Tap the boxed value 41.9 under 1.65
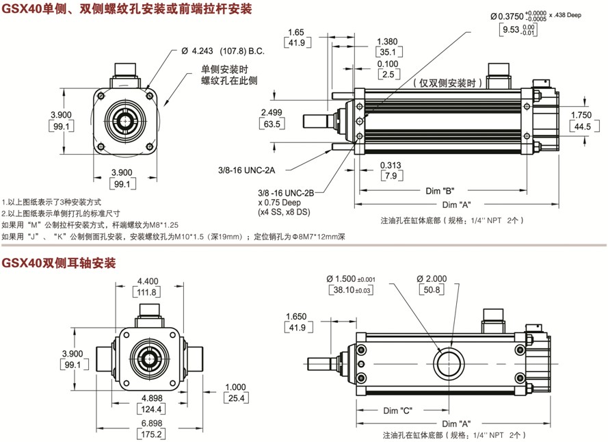click(x=297, y=43)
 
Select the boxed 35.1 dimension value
click(x=388, y=52)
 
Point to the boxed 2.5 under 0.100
click(x=388, y=75)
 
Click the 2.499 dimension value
click(x=272, y=112)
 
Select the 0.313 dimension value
click(x=391, y=165)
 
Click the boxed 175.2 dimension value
click(x=147, y=434)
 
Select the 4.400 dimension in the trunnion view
click(x=147, y=281)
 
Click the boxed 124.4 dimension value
click(x=147, y=409)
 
